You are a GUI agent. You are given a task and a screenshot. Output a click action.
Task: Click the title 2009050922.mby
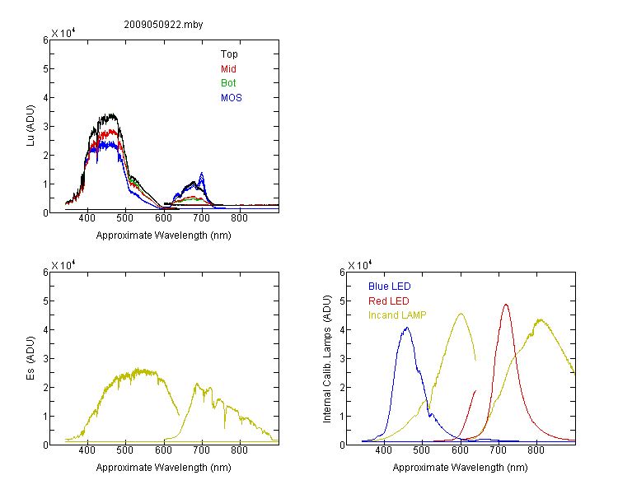click(163, 25)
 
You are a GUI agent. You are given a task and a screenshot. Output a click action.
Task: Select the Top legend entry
click(229, 54)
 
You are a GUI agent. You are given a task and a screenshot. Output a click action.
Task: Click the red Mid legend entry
click(228, 69)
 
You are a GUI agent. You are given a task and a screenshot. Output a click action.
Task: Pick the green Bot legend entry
click(228, 83)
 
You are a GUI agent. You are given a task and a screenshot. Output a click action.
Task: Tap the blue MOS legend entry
click(232, 98)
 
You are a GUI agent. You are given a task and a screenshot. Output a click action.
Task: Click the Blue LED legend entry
click(390, 287)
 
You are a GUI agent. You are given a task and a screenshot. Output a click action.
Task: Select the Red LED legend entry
click(389, 301)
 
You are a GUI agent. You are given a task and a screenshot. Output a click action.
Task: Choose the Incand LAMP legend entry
click(397, 315)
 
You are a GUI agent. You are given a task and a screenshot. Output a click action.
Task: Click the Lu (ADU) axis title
click(30, 125)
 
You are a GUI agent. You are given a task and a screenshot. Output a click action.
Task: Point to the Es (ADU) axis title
click(30, 358)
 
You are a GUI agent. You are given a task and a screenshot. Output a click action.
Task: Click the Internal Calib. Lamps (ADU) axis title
click(327, 359)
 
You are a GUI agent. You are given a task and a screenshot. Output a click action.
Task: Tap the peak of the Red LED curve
click(506, 305)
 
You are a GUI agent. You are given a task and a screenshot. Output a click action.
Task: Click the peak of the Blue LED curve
click(407, 328)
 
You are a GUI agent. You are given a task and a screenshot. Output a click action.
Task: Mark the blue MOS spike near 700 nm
click(202, 173)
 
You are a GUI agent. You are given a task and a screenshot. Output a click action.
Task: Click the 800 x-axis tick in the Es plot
click(239, 450)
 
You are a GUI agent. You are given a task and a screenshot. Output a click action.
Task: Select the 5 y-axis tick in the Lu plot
click(45, 69)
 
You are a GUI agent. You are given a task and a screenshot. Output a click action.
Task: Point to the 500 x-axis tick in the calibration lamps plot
click(421, 450)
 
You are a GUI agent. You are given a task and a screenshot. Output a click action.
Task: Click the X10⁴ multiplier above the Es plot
click(63, 265)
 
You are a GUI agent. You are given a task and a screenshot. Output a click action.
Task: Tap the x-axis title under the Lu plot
click(164, 235)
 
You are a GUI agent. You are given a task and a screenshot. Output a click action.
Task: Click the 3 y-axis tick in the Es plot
click(45, 358)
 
